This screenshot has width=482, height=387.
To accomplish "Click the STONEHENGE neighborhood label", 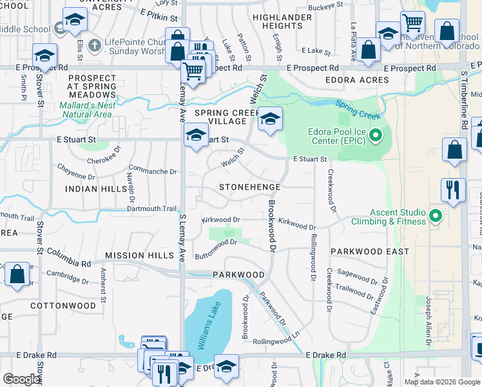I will [x=249, y=187].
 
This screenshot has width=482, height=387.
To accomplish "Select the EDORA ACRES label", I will [x=357, y=80].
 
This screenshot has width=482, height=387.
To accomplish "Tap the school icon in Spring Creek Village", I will [x=271, y=119].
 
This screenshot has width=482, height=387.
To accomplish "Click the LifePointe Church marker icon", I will [x=95, y=46].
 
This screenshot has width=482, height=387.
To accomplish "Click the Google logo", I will [x=21, y=379].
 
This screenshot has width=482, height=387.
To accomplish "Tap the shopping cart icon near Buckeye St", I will [x=412, y=23].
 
